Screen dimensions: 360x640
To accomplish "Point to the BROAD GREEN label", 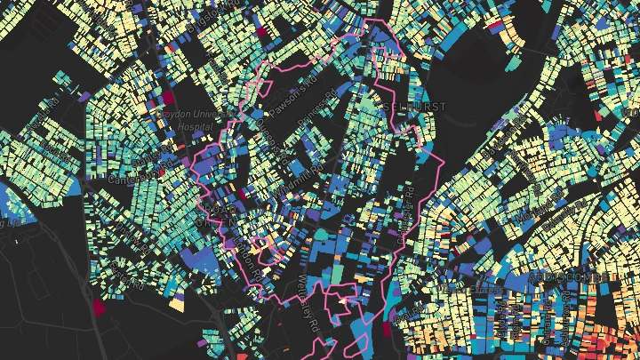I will click(x=217, y=213).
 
